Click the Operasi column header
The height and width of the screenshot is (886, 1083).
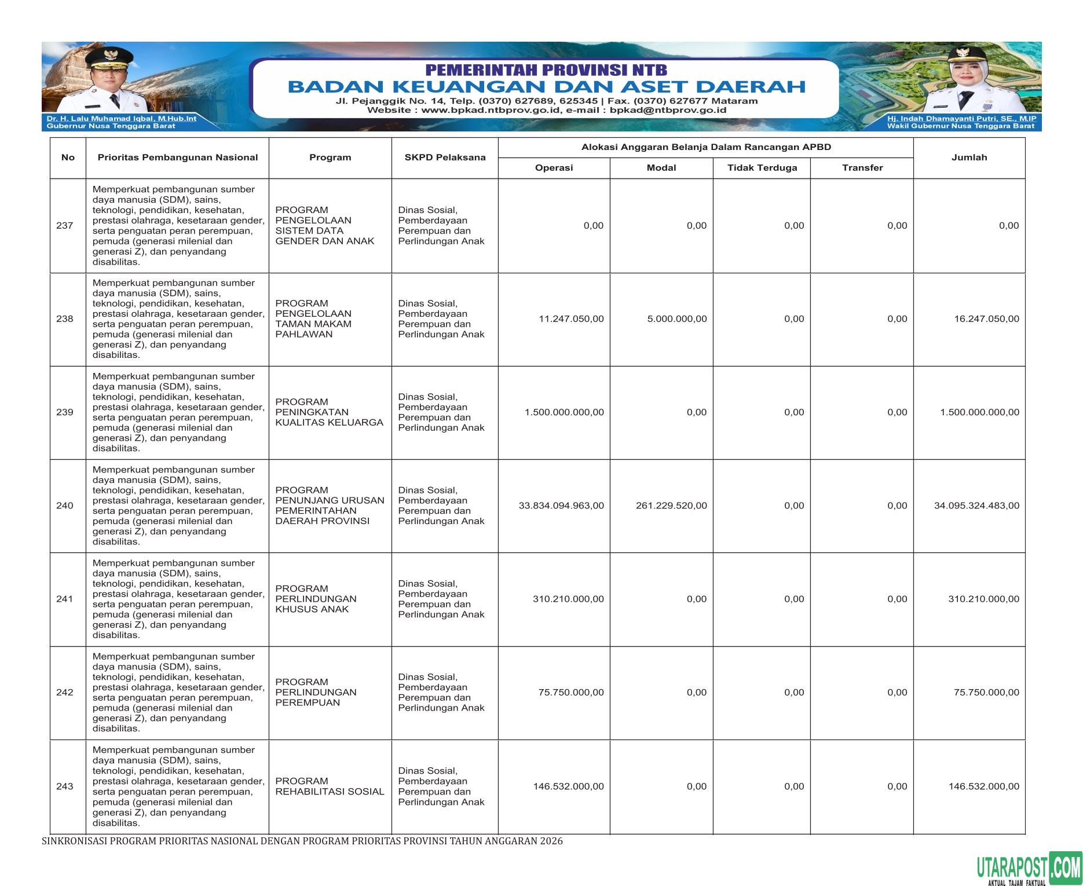coord(554,168)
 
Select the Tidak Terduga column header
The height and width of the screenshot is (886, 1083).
coord(762,168)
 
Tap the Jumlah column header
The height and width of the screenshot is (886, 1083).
coord(969,158)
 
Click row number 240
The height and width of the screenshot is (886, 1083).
coord(65,506)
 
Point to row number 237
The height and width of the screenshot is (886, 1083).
coord(65,226)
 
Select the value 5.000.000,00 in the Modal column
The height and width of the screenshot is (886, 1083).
coord(677,319)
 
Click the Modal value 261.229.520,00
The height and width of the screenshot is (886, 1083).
coord(671,506)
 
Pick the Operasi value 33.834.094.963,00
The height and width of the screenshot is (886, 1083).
coord(561,506)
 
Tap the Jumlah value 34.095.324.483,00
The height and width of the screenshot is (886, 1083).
coord(976,506)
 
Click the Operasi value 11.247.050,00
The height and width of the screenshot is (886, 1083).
coord(571,319)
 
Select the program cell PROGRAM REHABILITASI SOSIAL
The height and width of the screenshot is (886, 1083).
coord(330,786)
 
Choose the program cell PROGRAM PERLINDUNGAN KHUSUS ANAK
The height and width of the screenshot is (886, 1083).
coord(316,599)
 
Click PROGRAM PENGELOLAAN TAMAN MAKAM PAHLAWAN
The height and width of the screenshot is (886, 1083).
coord(313,319)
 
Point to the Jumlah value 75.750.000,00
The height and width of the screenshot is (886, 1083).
coord(986,693)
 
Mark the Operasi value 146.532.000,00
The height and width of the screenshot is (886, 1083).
coord(568,786)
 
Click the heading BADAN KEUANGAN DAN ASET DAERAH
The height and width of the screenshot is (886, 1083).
coord(546,87)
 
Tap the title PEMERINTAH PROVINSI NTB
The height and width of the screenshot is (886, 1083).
coord(546,70)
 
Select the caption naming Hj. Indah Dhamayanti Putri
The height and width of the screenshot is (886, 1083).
coord(961,118)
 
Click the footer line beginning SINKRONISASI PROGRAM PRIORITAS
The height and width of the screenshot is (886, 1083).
coord(302,841)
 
